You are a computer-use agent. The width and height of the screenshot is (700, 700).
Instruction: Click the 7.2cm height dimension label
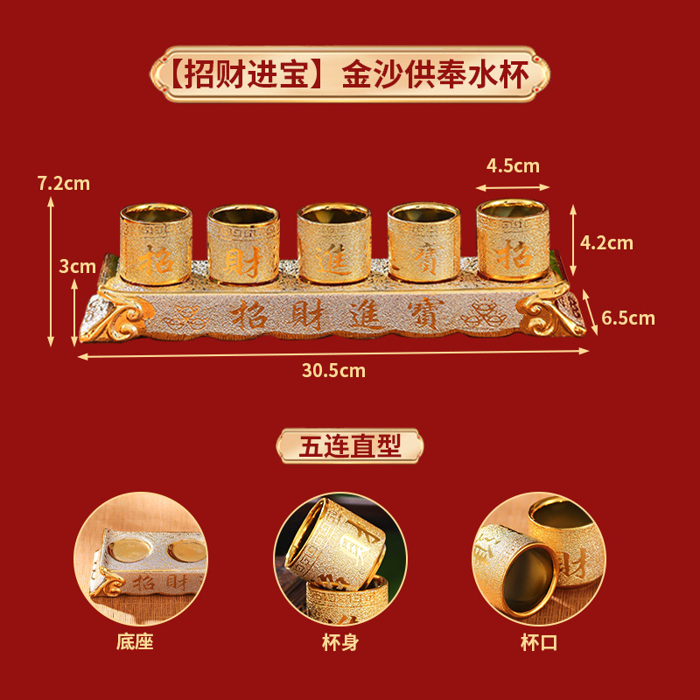coord(64,184)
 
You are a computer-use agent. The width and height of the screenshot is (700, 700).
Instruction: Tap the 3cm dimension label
coord(77,266)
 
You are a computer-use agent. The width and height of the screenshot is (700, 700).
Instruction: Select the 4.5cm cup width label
coord(513,166)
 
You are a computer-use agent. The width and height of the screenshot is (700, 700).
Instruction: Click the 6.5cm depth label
coord(628,318)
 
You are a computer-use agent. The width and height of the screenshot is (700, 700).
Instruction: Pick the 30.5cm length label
coord(333,370)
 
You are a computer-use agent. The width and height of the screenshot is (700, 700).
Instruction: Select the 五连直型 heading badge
coord(350,446)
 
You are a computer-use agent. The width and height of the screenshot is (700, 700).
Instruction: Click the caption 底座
coord(135,642)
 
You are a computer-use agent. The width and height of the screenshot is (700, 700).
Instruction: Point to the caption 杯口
coord(538,642)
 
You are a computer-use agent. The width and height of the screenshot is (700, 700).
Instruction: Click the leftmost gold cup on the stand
coord(156,244)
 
